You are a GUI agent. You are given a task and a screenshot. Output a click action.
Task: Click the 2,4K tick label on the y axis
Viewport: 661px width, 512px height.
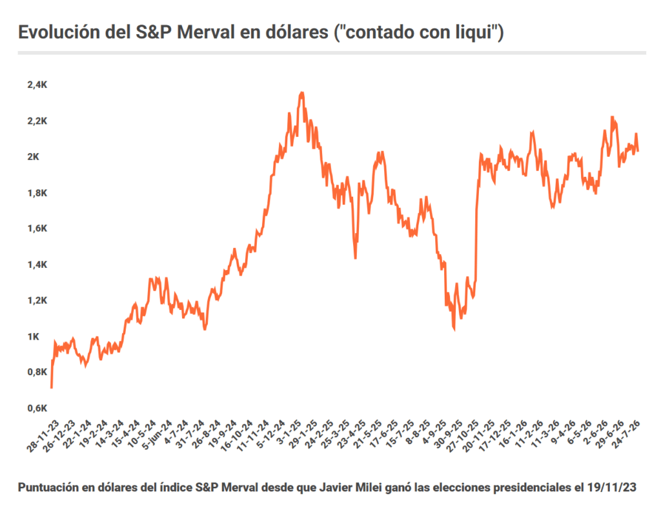(37, 85)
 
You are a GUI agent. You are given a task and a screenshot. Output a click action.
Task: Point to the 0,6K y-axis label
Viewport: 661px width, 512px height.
(37, 408)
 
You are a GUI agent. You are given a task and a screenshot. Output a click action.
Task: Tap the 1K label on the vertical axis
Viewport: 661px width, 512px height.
(34, 336)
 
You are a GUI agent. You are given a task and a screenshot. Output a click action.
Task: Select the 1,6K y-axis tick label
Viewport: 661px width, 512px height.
(37, 229)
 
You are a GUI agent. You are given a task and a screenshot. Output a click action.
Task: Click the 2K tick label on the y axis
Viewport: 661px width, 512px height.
(34, 157)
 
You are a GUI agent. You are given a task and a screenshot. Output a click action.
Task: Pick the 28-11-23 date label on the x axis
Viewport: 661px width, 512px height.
(43, 436)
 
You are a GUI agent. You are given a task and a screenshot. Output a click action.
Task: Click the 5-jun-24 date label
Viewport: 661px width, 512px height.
(156, 435)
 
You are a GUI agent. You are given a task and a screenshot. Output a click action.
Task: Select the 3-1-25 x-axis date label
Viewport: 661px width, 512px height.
(288, 433)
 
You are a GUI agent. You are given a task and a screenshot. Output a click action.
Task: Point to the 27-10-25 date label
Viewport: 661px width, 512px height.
(462, 436)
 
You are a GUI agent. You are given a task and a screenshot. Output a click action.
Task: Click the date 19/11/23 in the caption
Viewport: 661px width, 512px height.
(611, 487)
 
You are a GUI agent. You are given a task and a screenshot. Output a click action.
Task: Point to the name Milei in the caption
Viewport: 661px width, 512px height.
(369, 487)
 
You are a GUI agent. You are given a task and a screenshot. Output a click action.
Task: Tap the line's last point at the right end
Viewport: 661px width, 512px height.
(638, 150)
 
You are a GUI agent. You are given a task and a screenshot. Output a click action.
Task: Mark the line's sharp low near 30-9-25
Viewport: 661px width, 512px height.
(454, 330)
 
